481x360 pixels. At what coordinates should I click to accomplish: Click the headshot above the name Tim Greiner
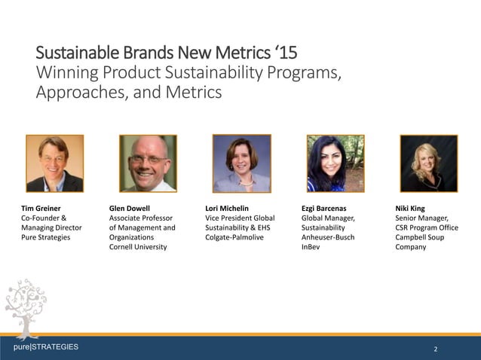click(x=54, y=163)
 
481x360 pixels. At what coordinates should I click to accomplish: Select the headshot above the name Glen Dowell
click(x=148, y=163)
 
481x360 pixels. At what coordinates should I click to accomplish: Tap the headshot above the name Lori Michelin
click(x=241, y=163)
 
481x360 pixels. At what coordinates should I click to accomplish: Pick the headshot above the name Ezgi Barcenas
click(x=335, y=163)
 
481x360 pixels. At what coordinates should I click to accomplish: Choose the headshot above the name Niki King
click(x=428, y=163)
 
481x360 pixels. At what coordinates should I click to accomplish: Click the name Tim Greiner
click(x=41, y=207)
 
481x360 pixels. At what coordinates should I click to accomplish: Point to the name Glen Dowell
click(x=130, y=207)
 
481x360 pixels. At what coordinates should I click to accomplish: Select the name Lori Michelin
click(x=227, y=207)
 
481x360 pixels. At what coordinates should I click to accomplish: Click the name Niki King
click(x=410, y=207)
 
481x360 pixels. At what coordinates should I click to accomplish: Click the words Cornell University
click(x=138, y=246)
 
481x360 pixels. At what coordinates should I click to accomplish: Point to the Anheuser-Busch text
click(x=327, y=236)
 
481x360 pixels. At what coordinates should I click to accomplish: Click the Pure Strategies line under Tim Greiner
click(x=45, y=236)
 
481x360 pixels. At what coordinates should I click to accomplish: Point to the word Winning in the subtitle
click(x=69, y=74)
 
